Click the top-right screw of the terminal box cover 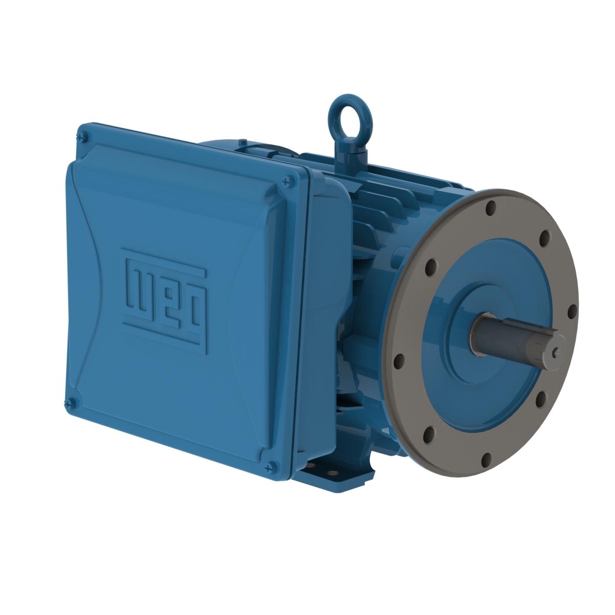coord(286,180)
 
